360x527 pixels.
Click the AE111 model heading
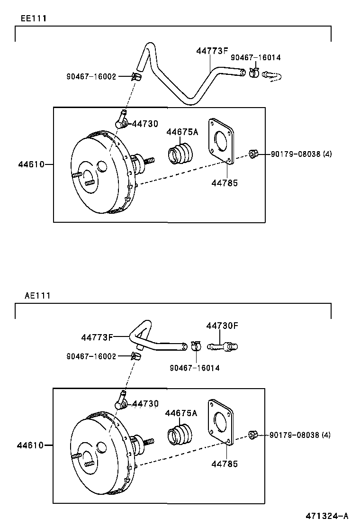click(x=37, y=295)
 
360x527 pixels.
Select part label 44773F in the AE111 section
click(x=97, y=337)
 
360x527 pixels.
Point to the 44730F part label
click(x=222, y=326)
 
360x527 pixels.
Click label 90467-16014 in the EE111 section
click(x=255, y=57)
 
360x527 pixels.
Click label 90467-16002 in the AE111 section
click(x=91, y=356)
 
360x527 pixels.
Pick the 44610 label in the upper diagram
click(x=31, y=164)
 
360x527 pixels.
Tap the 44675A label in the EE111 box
click(x=182, y=132)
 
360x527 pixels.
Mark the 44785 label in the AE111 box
click(x=225, y=464)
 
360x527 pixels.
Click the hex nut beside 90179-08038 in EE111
click(x=253, y=154)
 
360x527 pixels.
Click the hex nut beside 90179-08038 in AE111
click(x=252, y=435)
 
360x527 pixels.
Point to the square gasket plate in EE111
click(x=222, y=141)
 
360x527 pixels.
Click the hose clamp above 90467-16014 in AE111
click(x=196, y=346)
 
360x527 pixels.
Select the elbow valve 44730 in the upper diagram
click(x=120, y=120)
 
